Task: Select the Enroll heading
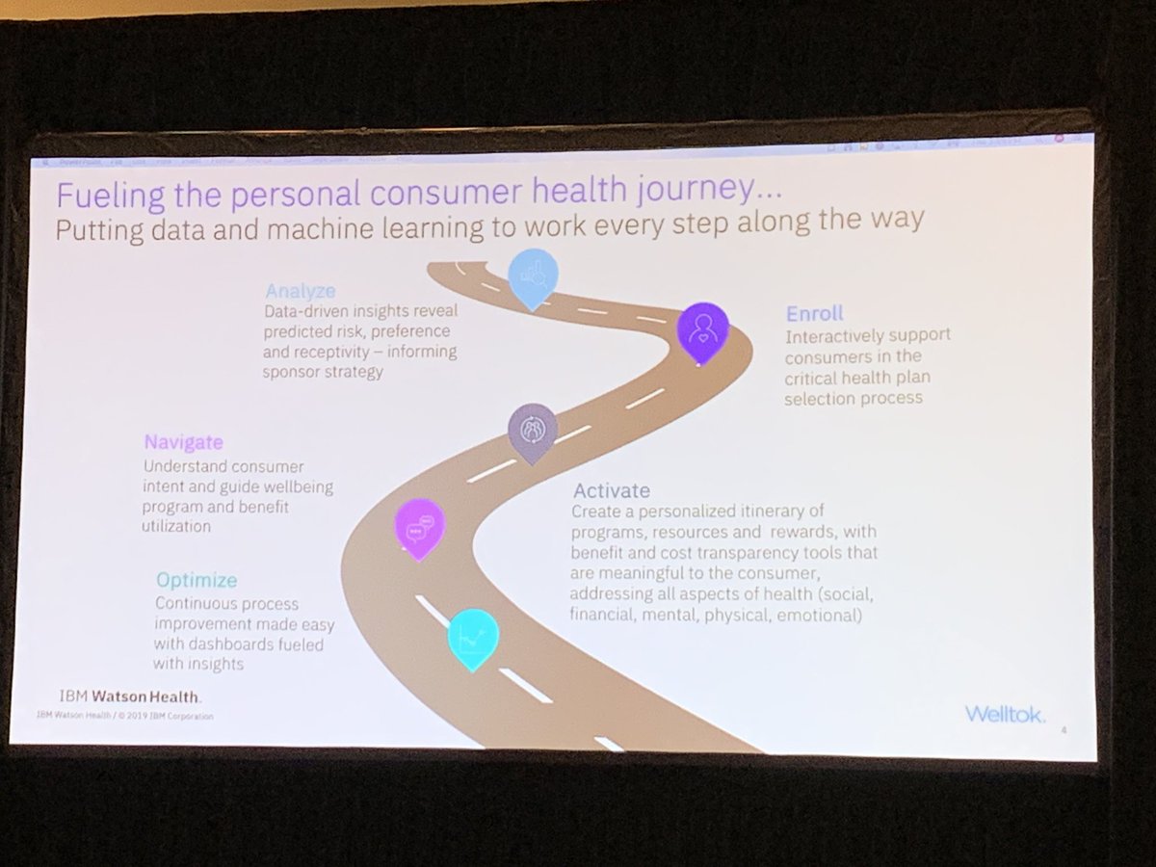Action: [x=813, y=314]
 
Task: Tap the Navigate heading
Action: [x=184, y=442]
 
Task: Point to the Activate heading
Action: [x=611, y=490]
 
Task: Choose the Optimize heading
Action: [x=197, y=581]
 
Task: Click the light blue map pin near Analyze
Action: [x=533, y=276]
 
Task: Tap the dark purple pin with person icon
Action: [x=702, y=330]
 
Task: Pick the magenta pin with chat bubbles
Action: [x=420, y=527]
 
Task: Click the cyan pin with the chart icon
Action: [x=473, y=637]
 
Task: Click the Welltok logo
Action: [x=1004, y=713]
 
